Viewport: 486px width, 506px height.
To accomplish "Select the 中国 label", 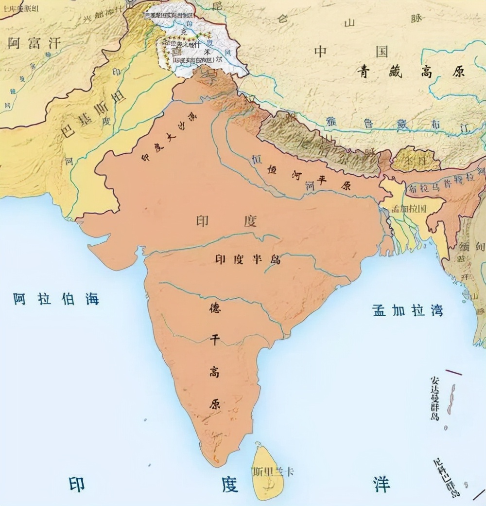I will (x=350, y=52).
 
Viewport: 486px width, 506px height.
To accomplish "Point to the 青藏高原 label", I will (x=412, y=72).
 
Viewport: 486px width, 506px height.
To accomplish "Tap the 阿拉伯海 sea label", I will (x=56, y=299).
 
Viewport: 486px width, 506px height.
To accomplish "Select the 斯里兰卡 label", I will (x=273, y=471).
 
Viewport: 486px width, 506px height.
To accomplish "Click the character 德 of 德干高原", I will (x=214, y=309).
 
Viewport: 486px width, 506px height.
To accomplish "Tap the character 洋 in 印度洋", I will (x=381, y=485).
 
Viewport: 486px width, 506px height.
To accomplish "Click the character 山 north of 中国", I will (x=349, y=23).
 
